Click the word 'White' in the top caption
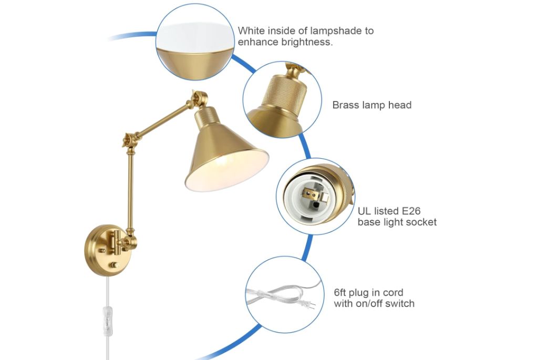tap(251, 30)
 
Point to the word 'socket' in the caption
tap(422, 222)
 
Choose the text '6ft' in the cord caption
tap(340, 292)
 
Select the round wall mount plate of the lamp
tap(105, 250)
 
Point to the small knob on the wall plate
tap(113, 265)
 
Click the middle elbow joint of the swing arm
tap(130, 140)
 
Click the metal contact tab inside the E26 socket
tap(323, 198)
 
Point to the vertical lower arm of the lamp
tap(130, 191)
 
